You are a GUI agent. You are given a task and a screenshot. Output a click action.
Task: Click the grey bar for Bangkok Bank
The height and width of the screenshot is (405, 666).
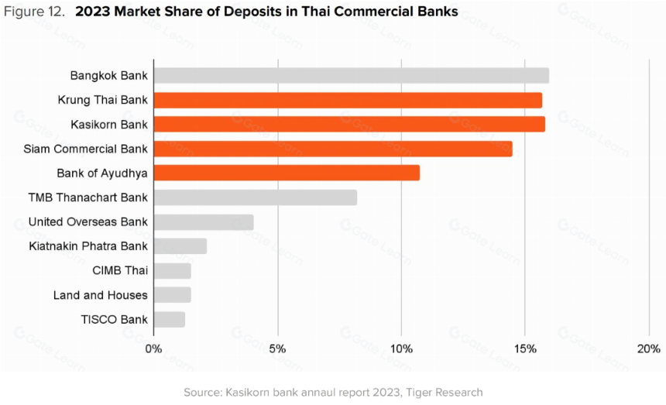point(352,76)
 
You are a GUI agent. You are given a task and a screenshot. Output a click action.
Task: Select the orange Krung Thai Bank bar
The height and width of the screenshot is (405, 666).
point(348,100)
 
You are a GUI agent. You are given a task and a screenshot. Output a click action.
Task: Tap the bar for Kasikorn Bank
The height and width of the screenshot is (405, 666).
point(349,125)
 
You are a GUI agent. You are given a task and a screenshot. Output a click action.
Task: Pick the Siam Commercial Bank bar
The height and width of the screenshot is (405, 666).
point(333,149)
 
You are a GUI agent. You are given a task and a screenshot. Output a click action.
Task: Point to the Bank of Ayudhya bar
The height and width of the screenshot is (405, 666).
point(287,173)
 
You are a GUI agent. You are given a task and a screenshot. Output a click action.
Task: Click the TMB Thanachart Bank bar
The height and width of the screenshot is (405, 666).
point(256,197)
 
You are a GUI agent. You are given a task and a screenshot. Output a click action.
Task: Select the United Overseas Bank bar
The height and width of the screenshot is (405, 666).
point(204,222)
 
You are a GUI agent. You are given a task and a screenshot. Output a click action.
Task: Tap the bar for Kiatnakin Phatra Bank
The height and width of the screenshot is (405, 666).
point(180,246)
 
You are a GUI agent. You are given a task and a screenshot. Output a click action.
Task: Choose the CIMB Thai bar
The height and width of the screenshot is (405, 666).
point(173,271)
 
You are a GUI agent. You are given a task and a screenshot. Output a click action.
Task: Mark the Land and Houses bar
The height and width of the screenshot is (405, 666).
point(173,295)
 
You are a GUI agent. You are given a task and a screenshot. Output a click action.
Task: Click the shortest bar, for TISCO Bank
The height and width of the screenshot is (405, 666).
point(170,320)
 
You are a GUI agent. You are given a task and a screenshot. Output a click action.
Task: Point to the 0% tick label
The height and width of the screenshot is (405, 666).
point(153,349)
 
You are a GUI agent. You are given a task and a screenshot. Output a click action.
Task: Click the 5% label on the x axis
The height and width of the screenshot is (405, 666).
point(277,349)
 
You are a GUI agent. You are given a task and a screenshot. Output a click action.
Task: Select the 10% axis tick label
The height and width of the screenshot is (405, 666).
point(401,349)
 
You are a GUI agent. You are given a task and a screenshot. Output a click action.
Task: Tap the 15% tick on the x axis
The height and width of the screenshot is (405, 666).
point(525,349)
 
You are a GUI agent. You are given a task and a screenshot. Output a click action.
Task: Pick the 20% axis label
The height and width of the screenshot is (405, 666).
point(649,349)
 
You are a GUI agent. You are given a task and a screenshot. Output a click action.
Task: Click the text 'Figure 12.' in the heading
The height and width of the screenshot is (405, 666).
point(34,12)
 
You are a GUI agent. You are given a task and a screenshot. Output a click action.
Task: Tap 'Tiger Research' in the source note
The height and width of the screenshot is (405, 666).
point(445,393)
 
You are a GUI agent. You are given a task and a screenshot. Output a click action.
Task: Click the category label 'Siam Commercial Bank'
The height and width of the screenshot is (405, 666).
point(85,149)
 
